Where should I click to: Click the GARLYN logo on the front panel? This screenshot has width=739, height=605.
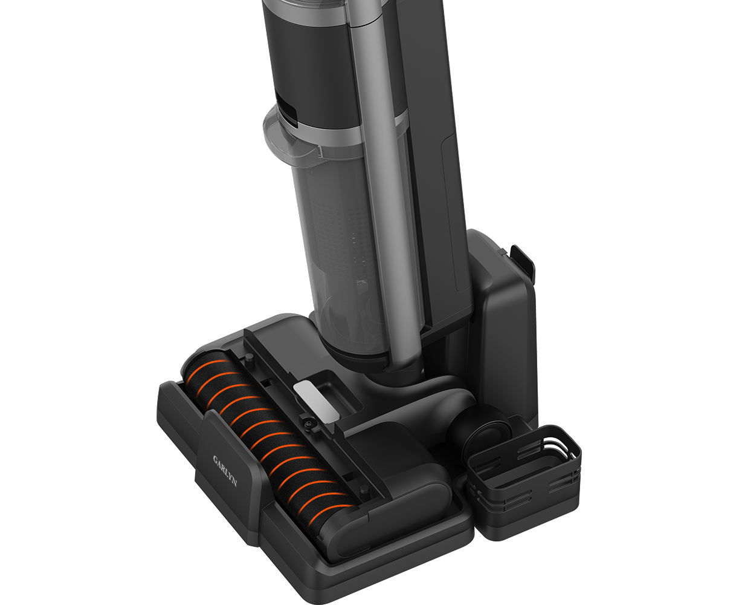pyautogui.click(x=225, y=471)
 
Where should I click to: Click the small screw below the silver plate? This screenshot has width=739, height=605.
pyautogui.click(x=308, y=425)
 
